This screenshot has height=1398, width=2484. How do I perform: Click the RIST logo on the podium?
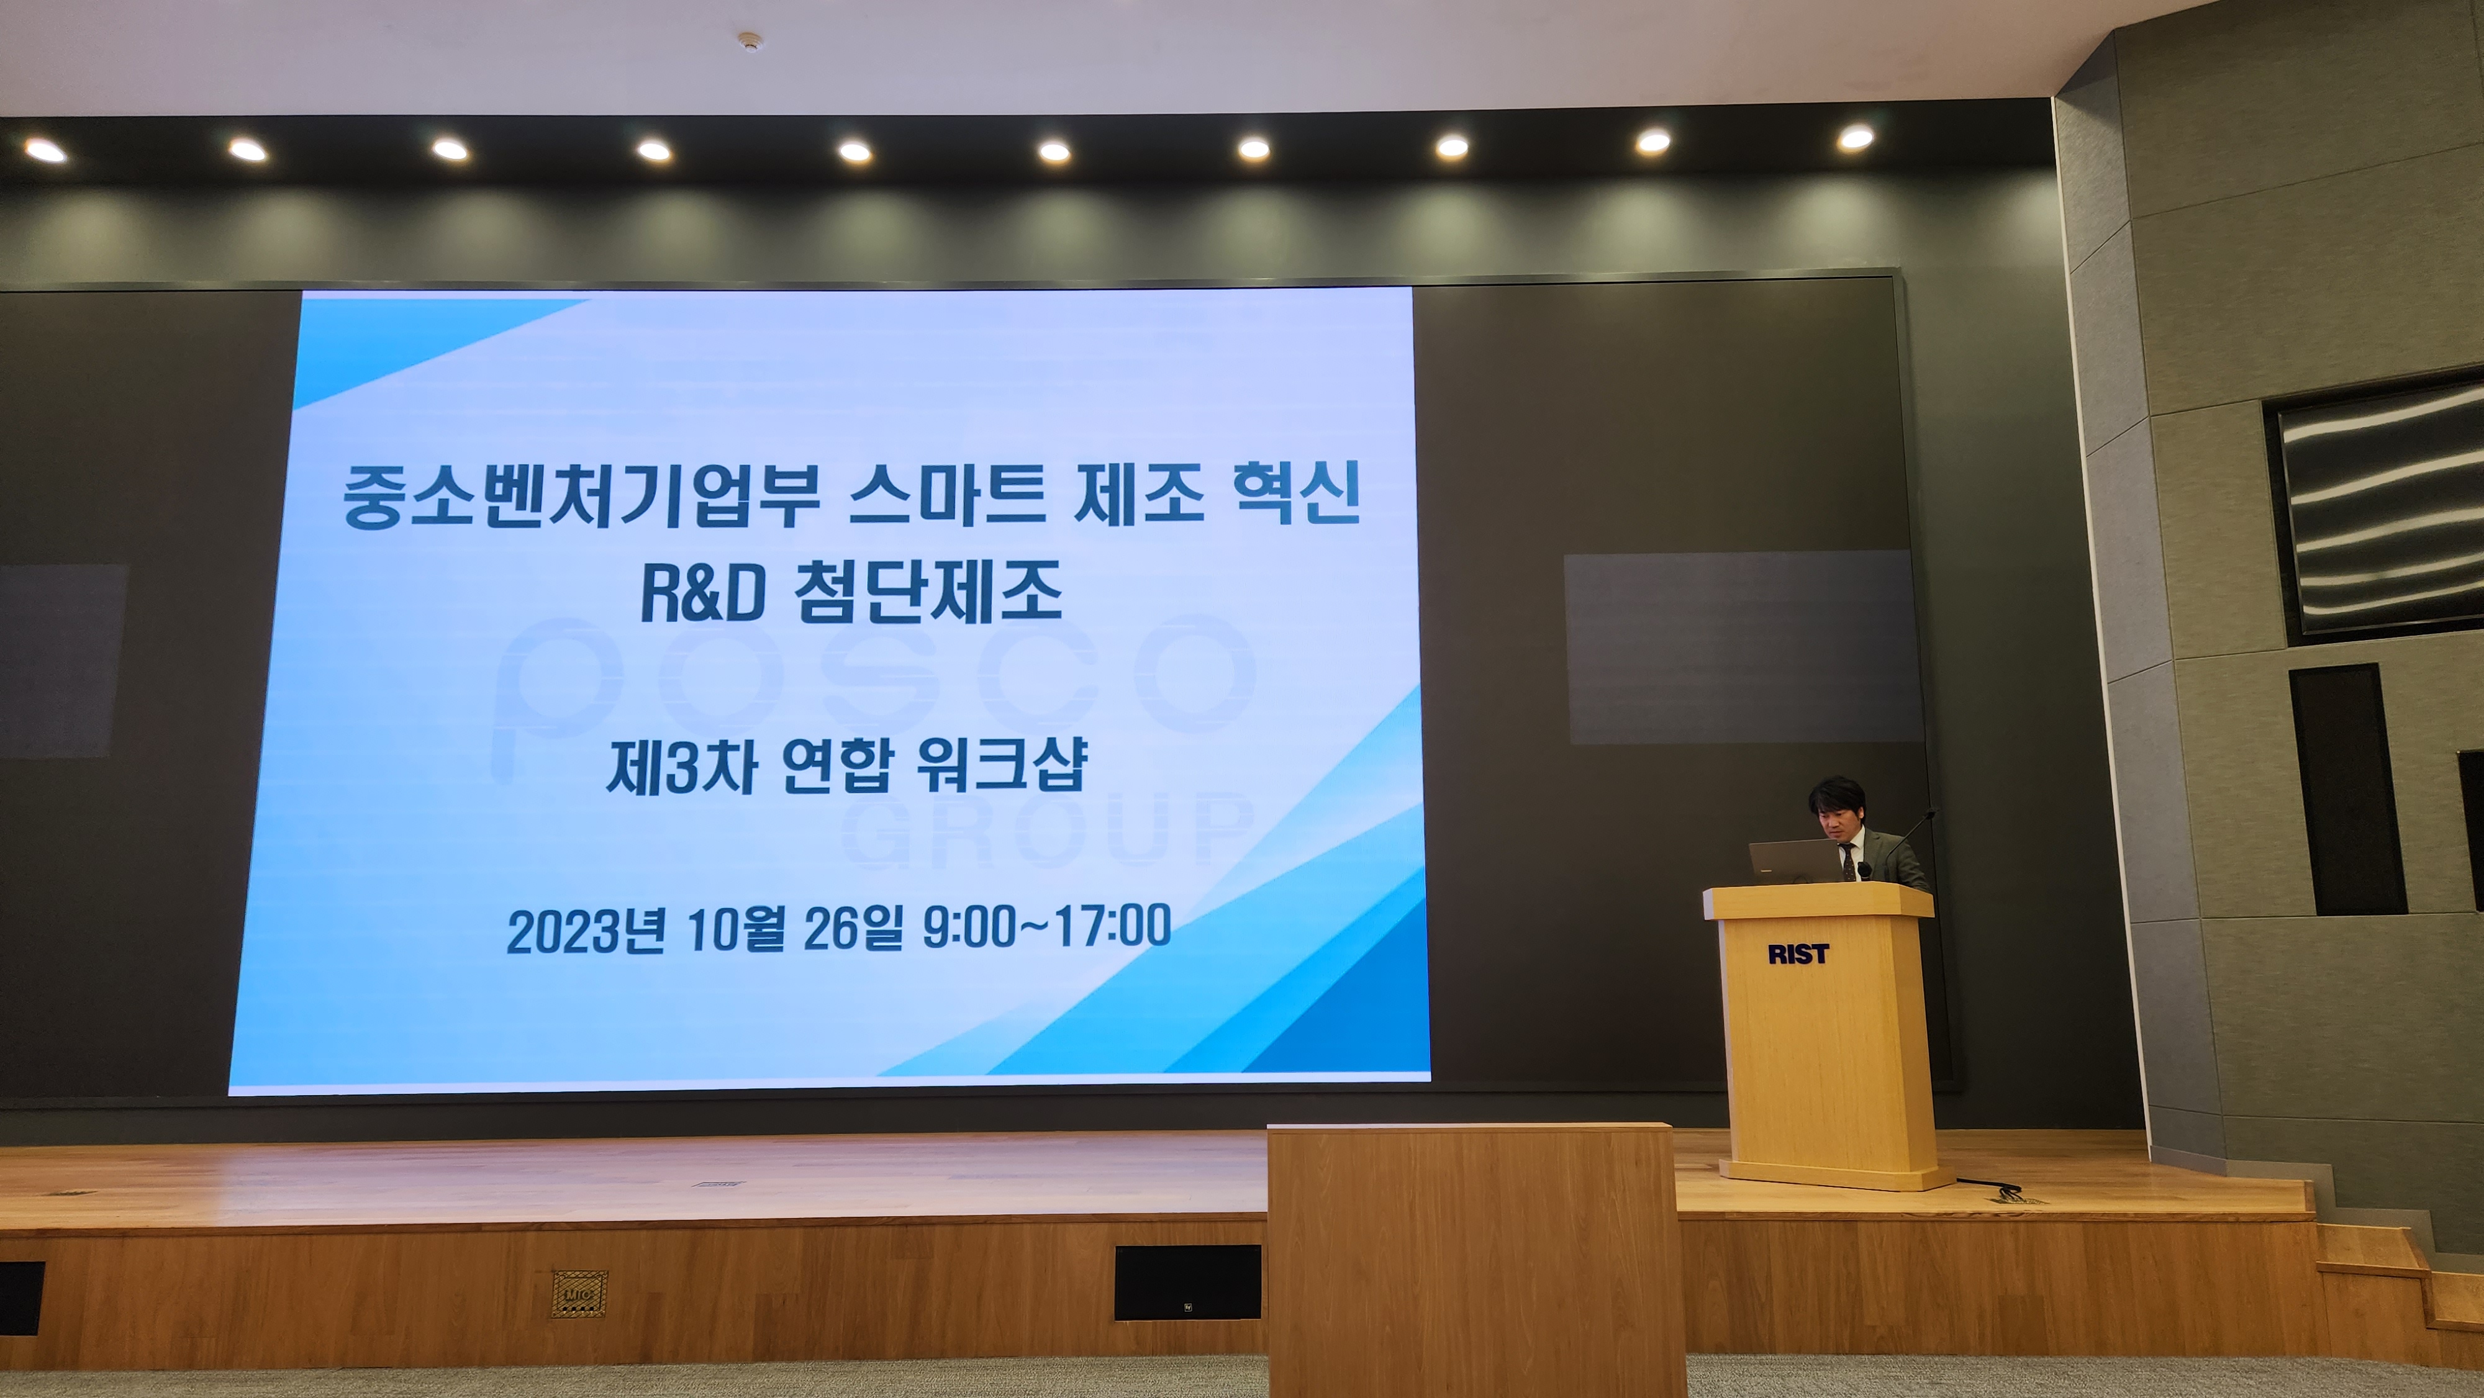1797,954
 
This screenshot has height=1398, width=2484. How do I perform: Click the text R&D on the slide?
703,593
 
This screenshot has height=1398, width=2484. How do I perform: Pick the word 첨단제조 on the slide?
928,591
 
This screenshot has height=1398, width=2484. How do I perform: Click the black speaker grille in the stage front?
1187,1283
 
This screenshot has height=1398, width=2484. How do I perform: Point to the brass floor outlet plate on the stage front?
579,1293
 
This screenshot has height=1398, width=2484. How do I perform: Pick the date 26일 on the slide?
853,927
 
